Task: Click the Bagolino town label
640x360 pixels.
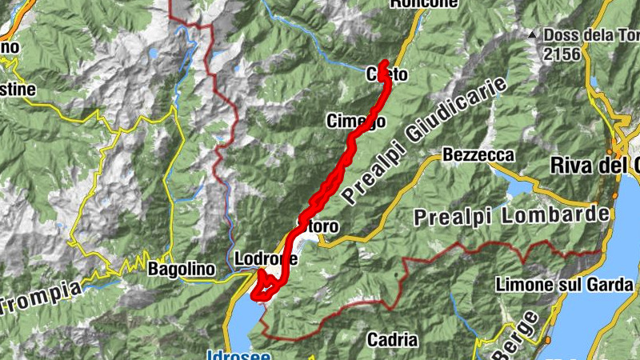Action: click(x=182, y=270)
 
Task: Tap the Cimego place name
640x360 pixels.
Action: click(x=356, y=121)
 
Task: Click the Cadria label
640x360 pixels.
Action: click(x=392, y=340)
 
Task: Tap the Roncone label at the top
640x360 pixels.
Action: click(x=424, y=4)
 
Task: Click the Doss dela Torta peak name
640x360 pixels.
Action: click(x=590, y=35)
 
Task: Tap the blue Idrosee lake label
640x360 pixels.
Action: click(x=238, y=354)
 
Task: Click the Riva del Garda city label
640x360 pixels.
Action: click(x=595, y=166)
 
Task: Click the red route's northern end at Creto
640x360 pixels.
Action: click(x=385, y=63)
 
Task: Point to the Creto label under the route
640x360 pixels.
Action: click(x=387, y=75)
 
